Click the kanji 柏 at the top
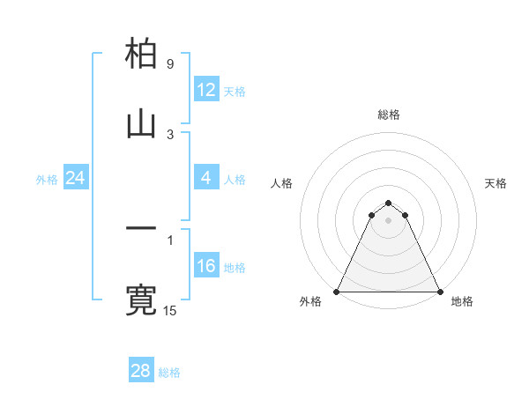(x=141, y=55)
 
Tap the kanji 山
(x=141, y=124)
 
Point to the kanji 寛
(x=141, y=299)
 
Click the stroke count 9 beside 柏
(x=169, y=64)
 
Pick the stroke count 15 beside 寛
(x=170, y=310)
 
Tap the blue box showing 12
(x=206, y=90)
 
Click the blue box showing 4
(x=206, y=178)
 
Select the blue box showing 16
(x=206, y=266)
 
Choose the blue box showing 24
(x=75, y=178)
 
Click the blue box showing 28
(x=140, y=371)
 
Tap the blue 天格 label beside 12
(x=235, y=91)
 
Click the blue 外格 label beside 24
(x=47, y=179)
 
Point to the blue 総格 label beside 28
(x=169, y=373)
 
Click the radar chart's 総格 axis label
(x=388, y=115)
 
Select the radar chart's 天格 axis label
(x=495, y=183)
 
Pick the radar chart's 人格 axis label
(x=281, y=183)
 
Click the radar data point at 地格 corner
(x=439, y=291)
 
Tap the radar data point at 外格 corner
(x=337, y=291)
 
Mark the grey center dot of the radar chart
(x=388, y=219)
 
